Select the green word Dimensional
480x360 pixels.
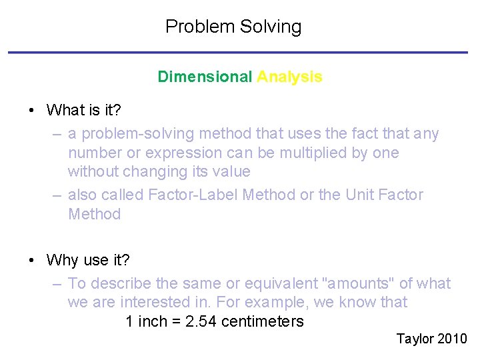click(x=205, y=77)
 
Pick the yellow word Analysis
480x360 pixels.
click(x=289, y=77)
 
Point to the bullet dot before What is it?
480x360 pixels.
click(x=32, y=110)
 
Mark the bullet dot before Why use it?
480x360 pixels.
click(x=32, y=259)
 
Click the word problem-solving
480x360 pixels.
click(x=135, y=134)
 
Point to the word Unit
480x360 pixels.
click(x=361, y=195)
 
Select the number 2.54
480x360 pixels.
click(x=202, y=321)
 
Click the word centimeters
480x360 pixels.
click(x=262, y=321)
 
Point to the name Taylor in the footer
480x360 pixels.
click(x=415, y=339)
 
